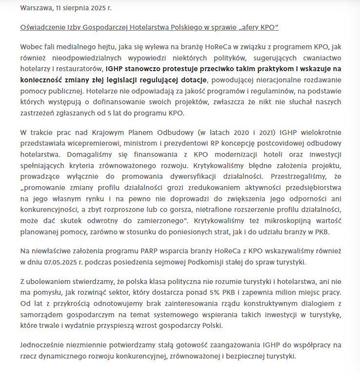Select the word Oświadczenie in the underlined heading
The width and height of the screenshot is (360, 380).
tap(43, 27)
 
